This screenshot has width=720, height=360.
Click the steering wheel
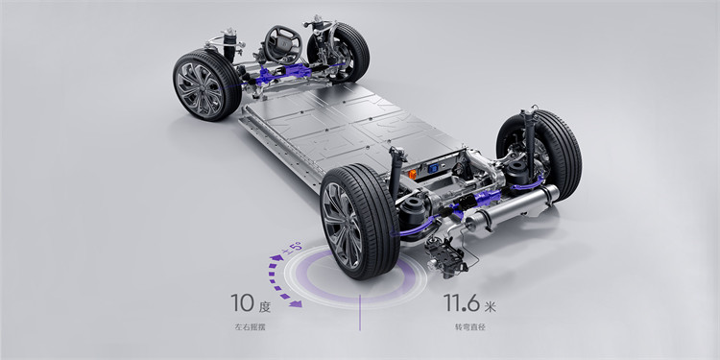283,44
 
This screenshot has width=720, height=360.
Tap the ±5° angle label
293,248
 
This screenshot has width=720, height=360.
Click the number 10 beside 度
242,303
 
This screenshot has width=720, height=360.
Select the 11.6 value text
462,303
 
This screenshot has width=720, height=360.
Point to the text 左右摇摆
250,327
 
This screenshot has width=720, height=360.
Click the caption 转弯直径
469,327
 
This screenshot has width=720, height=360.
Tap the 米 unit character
490,307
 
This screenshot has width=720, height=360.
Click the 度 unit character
264,307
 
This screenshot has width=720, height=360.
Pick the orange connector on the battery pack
413,174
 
